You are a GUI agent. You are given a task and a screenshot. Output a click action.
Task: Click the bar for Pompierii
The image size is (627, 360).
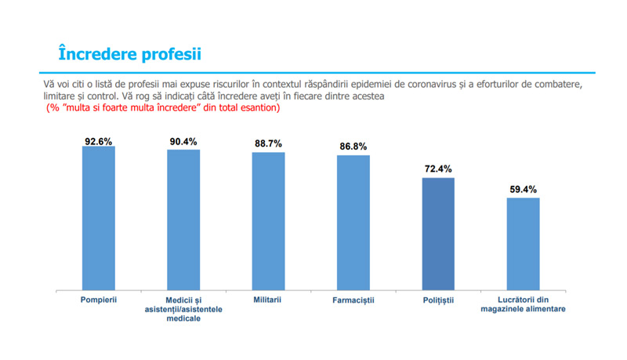[x=99, y=217]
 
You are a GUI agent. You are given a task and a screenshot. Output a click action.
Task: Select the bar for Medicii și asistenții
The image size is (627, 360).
[x=183, y=219]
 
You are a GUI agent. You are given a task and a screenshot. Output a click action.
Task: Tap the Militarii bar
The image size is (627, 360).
[x=268, y=220]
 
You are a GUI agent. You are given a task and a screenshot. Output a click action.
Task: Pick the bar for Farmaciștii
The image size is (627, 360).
[x=353, y=222]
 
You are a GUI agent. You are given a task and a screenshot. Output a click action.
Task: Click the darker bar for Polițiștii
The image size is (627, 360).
[x=438, y=233]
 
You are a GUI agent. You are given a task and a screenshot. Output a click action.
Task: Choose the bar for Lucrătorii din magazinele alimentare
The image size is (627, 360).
[x=523, y=243]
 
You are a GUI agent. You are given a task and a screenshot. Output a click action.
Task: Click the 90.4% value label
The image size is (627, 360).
[x=183, y=142]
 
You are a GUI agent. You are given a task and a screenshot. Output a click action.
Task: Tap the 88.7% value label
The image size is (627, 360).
[x=268, y=144]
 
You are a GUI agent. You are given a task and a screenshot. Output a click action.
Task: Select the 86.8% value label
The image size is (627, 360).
[x=353, y=147]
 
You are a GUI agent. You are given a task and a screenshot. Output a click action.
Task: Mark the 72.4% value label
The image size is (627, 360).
[x=438, y=169]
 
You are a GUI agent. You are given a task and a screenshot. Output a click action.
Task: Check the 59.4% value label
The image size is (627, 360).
[x=523, y=189]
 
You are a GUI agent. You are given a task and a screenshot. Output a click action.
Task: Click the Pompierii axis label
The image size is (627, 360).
[x=99, y=300]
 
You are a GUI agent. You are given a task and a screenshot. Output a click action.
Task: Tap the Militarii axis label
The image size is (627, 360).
[x=268, y=300]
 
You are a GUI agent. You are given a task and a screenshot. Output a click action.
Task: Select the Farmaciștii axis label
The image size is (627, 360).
[x=353, y=300]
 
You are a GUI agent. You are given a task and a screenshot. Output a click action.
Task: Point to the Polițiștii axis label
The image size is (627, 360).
[x=438, y=300]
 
